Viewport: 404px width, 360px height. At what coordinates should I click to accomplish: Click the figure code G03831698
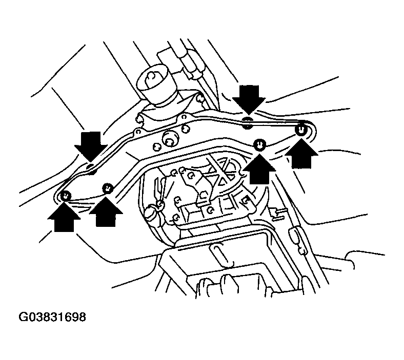(x=52, y=317)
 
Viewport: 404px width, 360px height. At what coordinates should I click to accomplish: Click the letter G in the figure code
(x=23, y=317)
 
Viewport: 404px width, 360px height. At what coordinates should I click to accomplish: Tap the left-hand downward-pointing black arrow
(x=91, y=146)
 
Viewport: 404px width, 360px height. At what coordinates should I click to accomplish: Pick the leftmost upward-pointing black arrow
(x=64, y=217)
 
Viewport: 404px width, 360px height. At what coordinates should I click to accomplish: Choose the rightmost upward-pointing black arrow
(x=301, y=153)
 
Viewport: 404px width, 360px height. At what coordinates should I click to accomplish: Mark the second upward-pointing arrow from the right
(x=259, y=169)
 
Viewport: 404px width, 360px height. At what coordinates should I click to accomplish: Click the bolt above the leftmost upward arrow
(x=66, y=196)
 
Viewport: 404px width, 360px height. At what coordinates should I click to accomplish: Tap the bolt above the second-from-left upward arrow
(x=108, y=188)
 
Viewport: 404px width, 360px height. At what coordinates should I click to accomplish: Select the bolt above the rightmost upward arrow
(x=300, y=129)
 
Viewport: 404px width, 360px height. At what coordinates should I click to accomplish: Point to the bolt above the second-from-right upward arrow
(x=259, y=144)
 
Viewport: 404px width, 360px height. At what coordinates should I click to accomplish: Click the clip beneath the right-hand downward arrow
(x=248, y=123)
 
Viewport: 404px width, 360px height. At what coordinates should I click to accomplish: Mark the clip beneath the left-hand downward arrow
(x=90, y=168)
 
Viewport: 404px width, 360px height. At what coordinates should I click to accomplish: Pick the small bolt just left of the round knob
(x=157, y=146)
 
